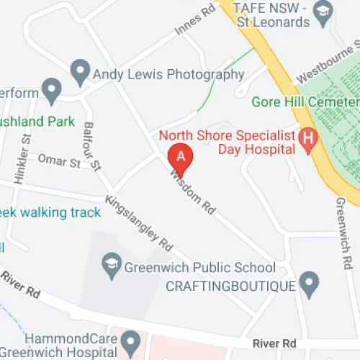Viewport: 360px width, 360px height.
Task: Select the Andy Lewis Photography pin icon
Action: click(x=80, y=72)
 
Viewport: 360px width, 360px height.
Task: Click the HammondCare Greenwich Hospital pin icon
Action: click(x=130, y=341)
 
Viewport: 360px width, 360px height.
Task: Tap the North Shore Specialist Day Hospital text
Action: click(x=227, y=142)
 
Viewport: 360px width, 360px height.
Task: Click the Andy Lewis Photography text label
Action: click(x=169, y=74)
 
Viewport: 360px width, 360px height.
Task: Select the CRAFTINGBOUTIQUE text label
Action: click(x=230, y=286)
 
